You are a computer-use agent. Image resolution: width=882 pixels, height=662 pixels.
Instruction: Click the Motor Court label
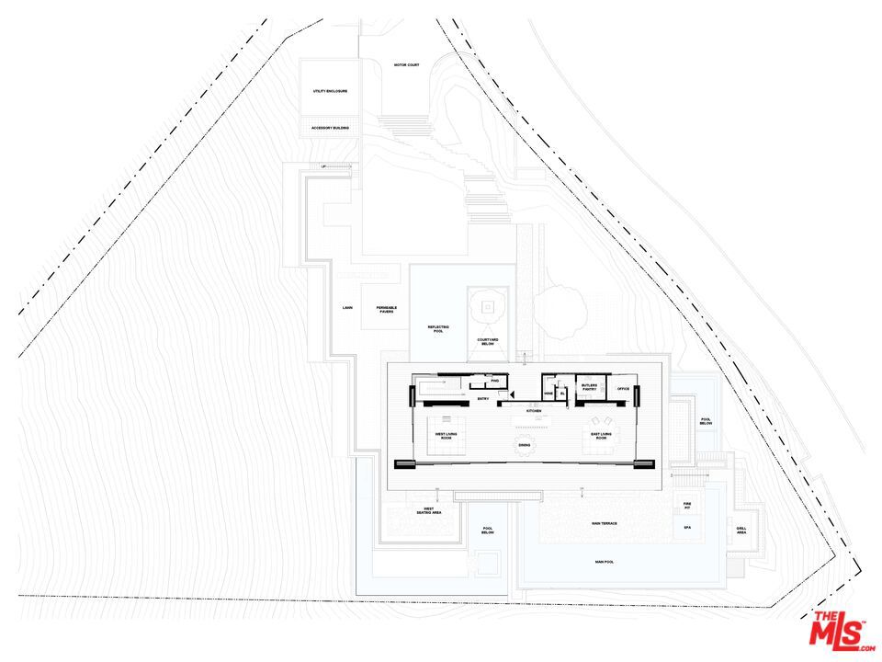[406, 65]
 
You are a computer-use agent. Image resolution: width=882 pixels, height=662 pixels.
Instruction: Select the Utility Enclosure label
[329, 91]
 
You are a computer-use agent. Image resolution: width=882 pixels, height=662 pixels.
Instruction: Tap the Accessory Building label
[329, 128]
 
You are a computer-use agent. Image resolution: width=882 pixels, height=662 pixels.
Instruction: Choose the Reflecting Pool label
[436, 328]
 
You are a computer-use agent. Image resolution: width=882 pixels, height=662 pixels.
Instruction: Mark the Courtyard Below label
[487, 342]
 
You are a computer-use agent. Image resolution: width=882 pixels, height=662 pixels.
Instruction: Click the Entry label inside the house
[482, 399]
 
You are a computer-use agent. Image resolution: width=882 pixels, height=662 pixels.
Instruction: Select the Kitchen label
[533, 410]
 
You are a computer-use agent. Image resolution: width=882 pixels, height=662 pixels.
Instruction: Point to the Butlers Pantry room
[589, 387]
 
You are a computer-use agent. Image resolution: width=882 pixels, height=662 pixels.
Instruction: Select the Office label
[622, 389]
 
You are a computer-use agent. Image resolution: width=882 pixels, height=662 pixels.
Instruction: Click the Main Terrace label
[603, 523]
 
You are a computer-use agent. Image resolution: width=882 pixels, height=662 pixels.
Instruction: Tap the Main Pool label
[604, 561]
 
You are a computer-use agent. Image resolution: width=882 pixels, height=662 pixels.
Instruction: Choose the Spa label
[686, 528]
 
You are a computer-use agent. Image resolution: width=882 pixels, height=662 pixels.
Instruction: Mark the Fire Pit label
[686, 505]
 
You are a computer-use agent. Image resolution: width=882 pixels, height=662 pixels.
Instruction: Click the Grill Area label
[741, 530]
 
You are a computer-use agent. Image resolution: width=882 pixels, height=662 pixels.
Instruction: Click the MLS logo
[837, 632]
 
